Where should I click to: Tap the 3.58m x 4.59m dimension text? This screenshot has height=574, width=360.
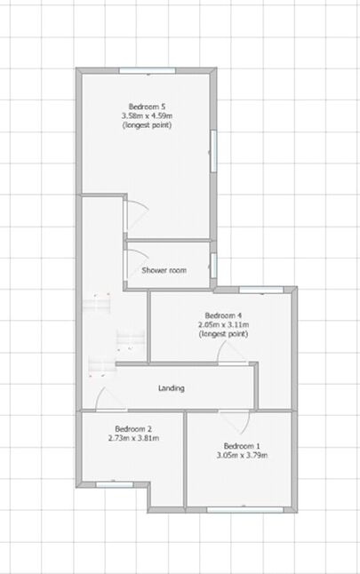[147, 116]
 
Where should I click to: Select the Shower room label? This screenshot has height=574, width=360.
[164, 271]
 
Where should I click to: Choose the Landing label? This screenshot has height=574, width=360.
[172, 388]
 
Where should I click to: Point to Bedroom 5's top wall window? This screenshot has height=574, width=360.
[148, 70]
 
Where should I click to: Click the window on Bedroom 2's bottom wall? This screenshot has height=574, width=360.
[116, 483]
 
